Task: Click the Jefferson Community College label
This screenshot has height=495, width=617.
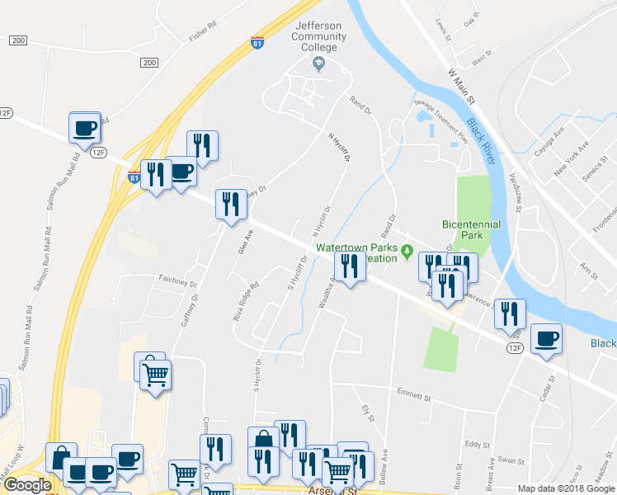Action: pos(318,36)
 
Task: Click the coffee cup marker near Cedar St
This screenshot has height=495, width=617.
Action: pos(546,338)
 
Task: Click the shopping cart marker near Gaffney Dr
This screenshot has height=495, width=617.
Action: pos(156,375)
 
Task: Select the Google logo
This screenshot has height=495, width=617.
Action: pos(27,485)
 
